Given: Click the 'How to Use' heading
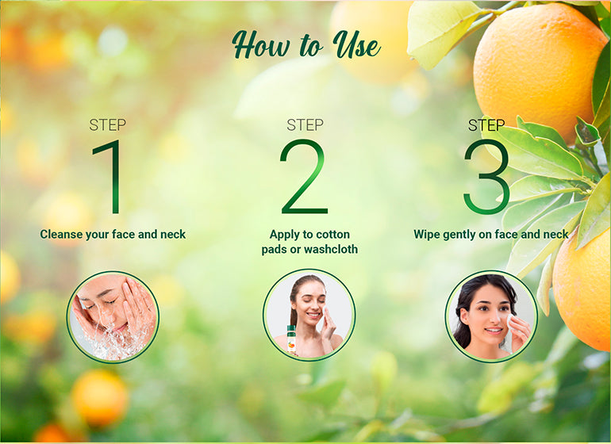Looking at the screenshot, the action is point(305,45).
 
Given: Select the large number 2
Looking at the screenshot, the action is point(305,177).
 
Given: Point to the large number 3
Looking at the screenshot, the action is point(487,178).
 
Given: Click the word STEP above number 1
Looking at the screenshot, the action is point(108,125).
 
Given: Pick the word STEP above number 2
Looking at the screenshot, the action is point(305,125).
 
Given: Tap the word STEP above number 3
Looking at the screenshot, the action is point(486,125).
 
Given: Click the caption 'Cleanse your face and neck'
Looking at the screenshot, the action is point(113,235).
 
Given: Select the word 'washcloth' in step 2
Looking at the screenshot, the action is point(331,249).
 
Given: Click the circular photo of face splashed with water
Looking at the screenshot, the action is point(113,317).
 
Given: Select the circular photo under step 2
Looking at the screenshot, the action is point(309,315).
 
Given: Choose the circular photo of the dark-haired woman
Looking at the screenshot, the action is point(491,316).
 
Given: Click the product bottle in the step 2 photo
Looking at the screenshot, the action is point(291,339).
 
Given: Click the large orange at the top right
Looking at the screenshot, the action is point(540,70).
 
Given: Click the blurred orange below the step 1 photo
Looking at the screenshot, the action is point(100,397).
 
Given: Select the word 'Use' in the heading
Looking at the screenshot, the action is point(356,45).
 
